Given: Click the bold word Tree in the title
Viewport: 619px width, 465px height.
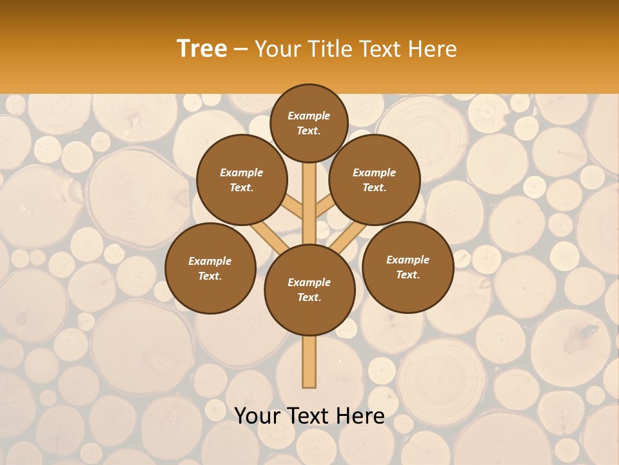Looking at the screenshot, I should (x=202, y=49).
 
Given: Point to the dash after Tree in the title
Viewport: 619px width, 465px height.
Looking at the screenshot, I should (x=241, y=50).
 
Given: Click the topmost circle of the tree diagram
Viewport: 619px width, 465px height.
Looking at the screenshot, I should (x=309, y=123).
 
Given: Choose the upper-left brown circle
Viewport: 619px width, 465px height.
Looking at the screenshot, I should (x=241, y=180).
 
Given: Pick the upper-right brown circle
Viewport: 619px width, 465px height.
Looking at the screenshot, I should (x=375, y=180).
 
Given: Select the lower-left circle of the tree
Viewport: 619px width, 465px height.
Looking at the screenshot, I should (x=210, y=268).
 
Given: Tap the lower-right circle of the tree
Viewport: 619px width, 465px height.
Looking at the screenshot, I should (x=408, y=267).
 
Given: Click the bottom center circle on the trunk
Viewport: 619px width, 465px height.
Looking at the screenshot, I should (x=309, y=289).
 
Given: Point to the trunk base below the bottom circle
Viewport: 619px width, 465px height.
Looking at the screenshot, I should (x=309, y=362).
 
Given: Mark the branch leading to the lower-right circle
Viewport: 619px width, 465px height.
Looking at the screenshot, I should (x=348, y=238).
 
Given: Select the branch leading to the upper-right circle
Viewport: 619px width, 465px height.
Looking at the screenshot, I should (x=324, y=207).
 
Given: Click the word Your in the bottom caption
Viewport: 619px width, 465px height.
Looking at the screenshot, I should (x=257, y=416).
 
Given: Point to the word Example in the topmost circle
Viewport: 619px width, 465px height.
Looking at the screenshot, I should (x=309, y=116).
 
